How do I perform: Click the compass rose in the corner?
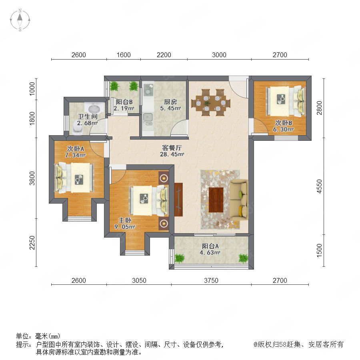pyautogui.click(x=20, y=20)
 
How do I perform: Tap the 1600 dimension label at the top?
pyautogui.click(x=124, y=55)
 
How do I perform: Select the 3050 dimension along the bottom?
pyautogui.click(x=139, y=280)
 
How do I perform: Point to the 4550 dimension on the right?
pyautogui.click(x=319, y=186)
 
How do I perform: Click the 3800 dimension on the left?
pyautogui.click(x=32, y=178)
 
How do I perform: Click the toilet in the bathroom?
pyautogui.click(x=78, y=130)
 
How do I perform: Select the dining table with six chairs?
pyautogui.click(x=211, y=103)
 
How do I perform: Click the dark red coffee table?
pyautogui.click(x=216, y=200)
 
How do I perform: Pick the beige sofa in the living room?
pyautogui.click(x=239, y=200)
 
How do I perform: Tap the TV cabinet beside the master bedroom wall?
pyautogui.click(x=178, y=200)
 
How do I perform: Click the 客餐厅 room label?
pyautogui.click(x=172, y=147)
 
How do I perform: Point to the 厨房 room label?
pyautogui.click(x=170, y=102)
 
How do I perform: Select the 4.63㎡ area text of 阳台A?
pyautogui.click(x=210, y=252)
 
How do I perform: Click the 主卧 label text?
pyautogui.click(x=125, y=220)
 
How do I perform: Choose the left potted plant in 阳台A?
pyautogui.click(x=180, y=258)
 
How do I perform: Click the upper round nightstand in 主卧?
pyautogui.click(x=164, y=178)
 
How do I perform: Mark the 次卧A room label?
pyautogui.click(x=76, y=149)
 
